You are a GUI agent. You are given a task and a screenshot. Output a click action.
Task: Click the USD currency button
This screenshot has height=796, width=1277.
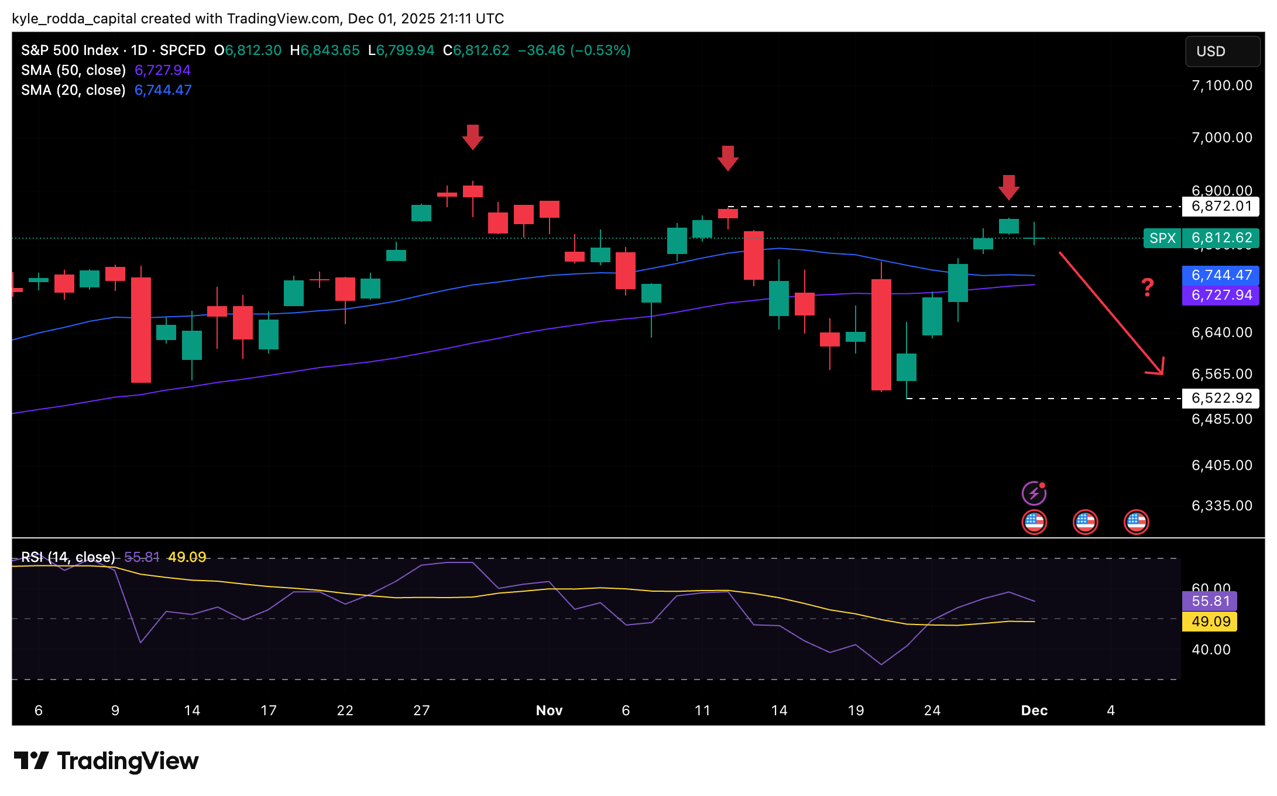click(1222, 52)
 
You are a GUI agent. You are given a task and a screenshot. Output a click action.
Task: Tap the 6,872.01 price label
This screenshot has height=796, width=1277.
click(1221, 207)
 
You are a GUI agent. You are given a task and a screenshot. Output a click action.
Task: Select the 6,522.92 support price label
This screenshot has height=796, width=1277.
click(1221, 399)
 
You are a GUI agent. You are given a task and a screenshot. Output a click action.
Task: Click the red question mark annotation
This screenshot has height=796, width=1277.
click(1148, 287)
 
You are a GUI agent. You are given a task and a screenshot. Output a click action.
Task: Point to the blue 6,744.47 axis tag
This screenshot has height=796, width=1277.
click(1221, 275)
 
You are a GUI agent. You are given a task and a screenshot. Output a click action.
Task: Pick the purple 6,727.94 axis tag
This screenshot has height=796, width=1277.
click(1221, 295)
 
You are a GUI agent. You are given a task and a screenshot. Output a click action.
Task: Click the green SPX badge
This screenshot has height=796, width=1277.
click(1162, 238)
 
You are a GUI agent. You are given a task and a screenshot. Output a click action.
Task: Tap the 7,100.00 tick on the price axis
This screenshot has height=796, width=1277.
click(1222, 86)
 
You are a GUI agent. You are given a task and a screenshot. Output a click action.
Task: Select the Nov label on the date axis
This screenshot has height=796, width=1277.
click(549, 711)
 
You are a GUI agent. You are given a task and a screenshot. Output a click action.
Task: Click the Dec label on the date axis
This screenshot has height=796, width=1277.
click(1034, 711)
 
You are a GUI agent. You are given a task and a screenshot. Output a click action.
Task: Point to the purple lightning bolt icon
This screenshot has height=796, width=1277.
click(1034, 493)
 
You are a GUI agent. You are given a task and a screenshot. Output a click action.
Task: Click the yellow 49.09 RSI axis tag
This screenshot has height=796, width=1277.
click(1210, 622)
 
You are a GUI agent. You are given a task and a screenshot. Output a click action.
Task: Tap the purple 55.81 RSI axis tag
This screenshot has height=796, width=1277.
click(1210, 601)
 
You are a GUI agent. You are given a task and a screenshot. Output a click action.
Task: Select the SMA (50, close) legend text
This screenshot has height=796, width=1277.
click(74, 70)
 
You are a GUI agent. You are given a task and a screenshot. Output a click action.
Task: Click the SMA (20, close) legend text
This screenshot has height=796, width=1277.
click(74, 90)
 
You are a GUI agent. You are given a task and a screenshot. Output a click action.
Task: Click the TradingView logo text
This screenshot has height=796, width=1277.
click(128, 761)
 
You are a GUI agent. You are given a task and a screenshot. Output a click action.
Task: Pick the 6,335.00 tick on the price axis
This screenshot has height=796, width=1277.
click(1222, 506)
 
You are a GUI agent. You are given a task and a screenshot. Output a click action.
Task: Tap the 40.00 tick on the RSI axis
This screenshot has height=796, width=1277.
click(1211, 650)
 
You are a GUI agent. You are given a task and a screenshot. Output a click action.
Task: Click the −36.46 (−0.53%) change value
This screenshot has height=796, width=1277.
click(574, 50)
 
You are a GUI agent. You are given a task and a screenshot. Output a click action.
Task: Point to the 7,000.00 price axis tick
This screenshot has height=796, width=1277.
click(1222, 138)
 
